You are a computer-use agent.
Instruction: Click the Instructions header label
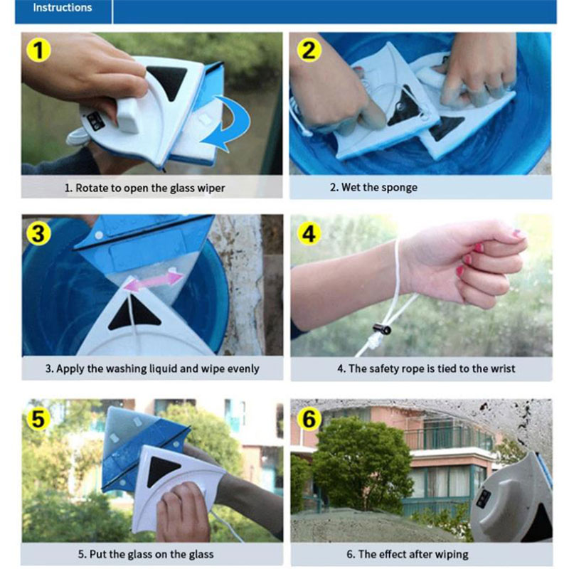(x=63, y=8)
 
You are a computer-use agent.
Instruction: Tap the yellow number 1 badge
(x=38, y=50)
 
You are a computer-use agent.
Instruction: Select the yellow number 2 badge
(x=309, y=50)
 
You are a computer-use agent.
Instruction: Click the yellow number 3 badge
(x=38, y=233)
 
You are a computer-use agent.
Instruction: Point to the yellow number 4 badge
(x=309, y=233)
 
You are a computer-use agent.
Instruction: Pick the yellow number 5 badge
(x=38, y=419)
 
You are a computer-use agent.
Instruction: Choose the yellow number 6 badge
(x=309, y=419)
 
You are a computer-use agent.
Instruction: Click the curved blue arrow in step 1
(x=238, y=119)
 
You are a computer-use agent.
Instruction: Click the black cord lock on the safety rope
(x=382, y=329)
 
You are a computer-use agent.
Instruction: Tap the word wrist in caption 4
(x=503, y=368)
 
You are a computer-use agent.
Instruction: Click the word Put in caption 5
(x=97, y=554)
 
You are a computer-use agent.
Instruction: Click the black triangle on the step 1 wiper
(x=168, y=80)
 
